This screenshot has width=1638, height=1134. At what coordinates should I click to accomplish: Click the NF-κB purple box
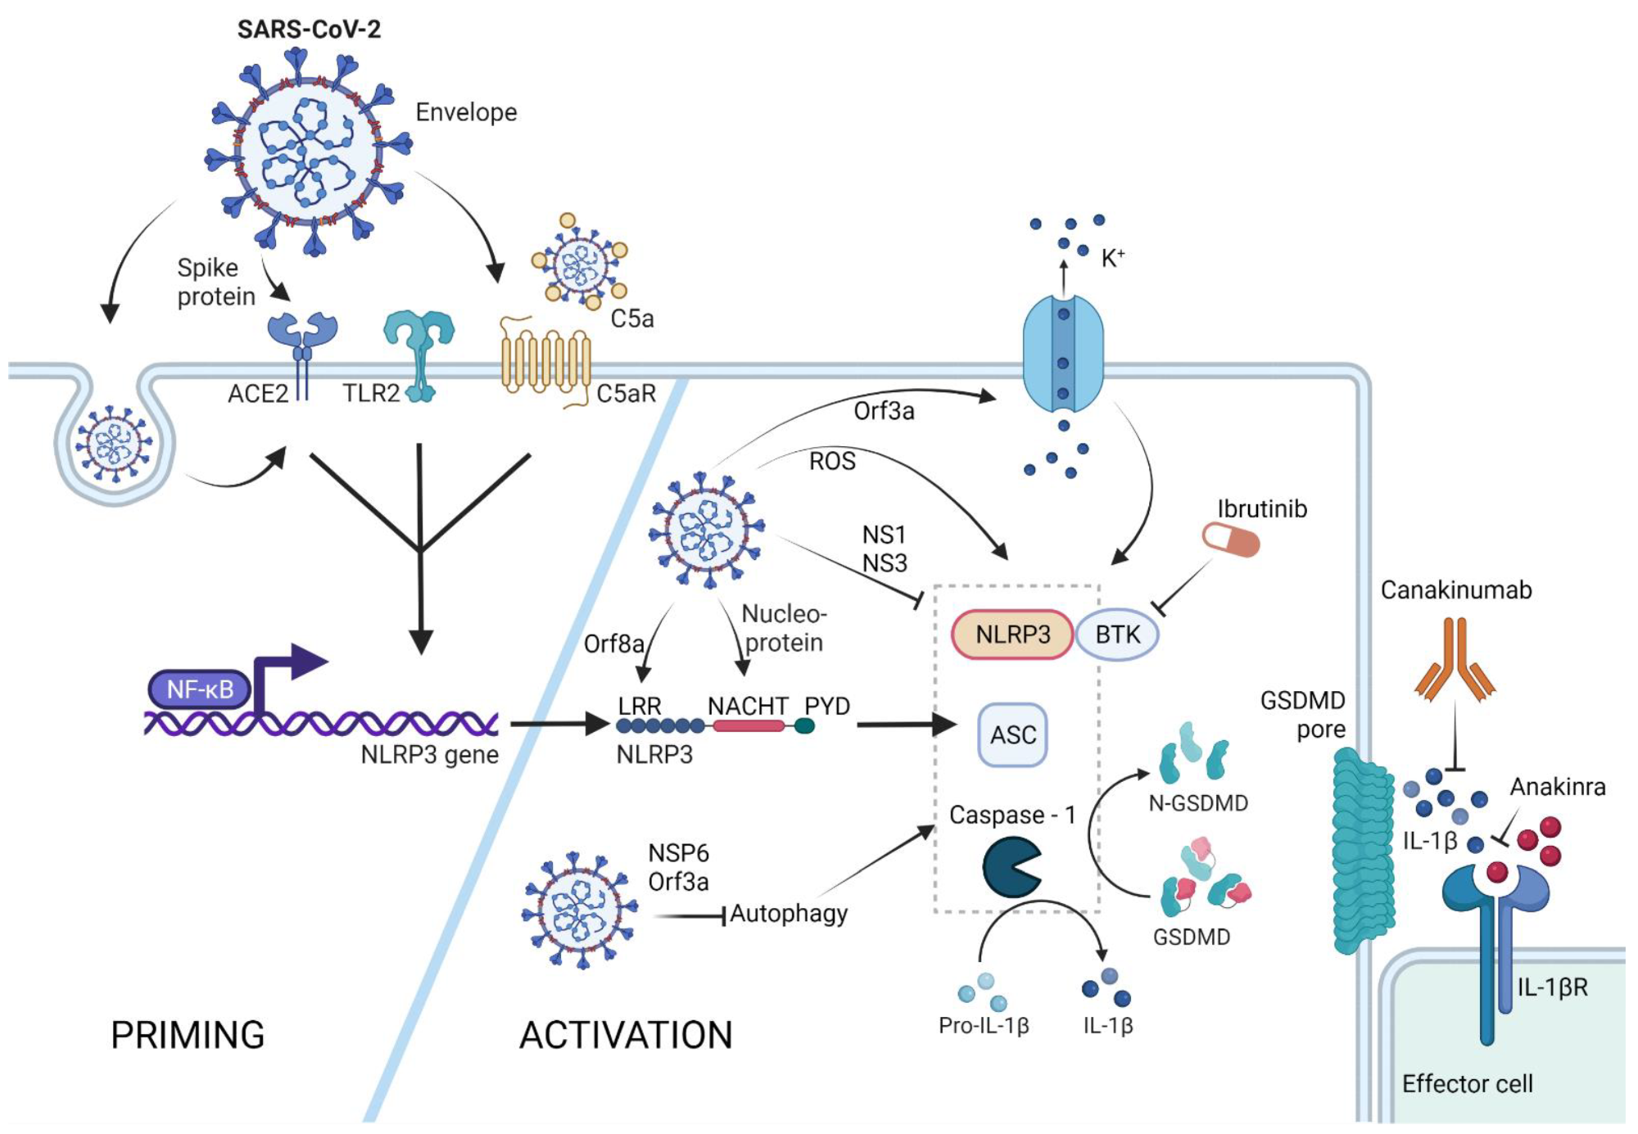coord(200,689)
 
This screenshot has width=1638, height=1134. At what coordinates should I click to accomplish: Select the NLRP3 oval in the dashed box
coord(1012,635)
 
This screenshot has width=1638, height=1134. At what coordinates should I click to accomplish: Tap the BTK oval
coord(1117,635)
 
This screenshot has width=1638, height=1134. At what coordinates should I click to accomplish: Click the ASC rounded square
coord(1013,734)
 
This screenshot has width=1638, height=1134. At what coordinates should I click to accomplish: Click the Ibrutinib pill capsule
coord(1230,540)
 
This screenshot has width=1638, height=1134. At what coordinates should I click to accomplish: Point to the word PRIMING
coord(188,1035)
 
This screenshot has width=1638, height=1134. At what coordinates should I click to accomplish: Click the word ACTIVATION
coord(626,1035)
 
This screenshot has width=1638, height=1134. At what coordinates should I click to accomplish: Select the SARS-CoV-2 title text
coord(309,29)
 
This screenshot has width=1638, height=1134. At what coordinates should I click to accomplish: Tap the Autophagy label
coord(789,913)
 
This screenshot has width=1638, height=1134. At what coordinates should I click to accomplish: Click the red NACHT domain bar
coord(749,725)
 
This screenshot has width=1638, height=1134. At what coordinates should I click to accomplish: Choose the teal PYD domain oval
coord(805,725)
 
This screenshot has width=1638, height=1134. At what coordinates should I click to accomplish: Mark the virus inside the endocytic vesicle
coord(114,445)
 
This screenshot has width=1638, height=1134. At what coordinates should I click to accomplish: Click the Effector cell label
coord(1467,1084)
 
